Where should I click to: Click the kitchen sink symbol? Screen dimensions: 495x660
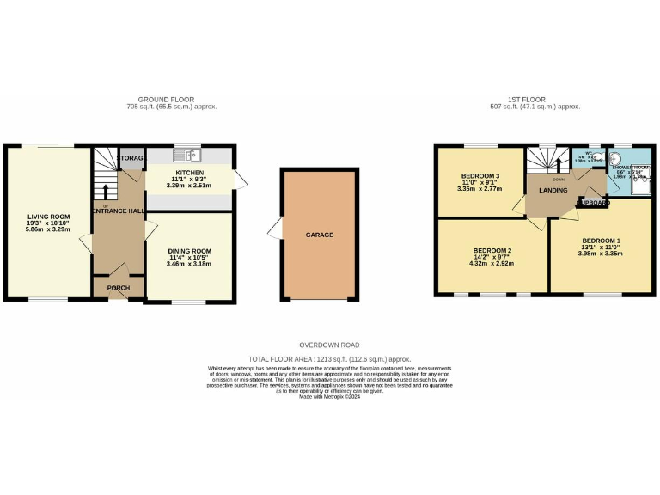[x=186, y=156]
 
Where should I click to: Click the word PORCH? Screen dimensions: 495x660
[x=119, y=288]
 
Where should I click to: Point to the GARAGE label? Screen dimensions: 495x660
[x=319, y=235]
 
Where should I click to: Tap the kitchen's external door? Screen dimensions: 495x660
[x=239, y=180]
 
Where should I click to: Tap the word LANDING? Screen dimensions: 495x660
[x=551, y=190]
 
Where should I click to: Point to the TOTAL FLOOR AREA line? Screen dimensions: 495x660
[x=330, y=358]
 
